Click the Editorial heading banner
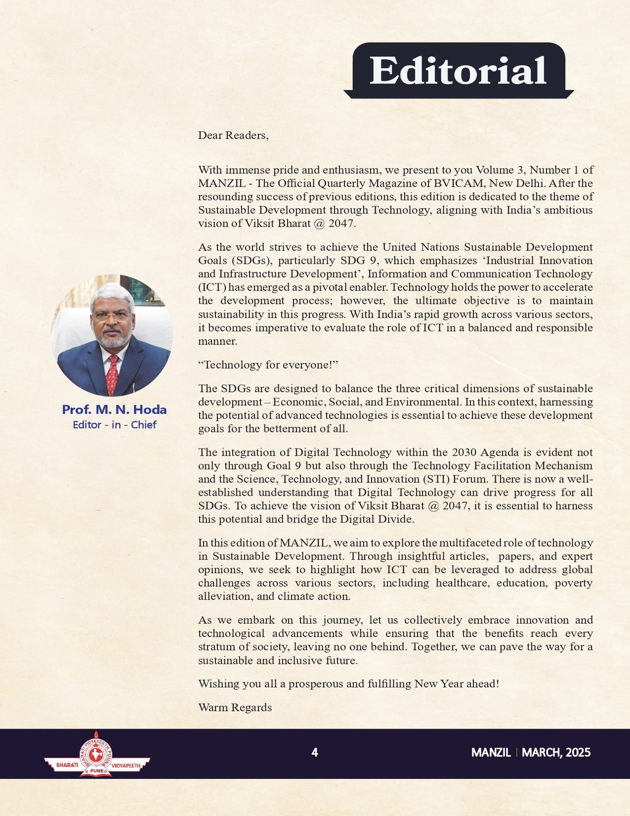(x=459, y=70)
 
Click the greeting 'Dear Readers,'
(x=233, y=136)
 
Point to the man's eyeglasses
(x=112, y=316)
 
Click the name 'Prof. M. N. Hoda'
(x=114, y=409)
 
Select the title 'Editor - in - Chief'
(x=114, y=425)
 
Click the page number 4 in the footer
(x=315, y=752)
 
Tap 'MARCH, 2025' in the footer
(x=556, y=752)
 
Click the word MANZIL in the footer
(x=491, y=752)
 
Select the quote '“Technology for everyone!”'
(x=268, y=365)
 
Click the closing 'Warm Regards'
(x=235, y=707)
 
